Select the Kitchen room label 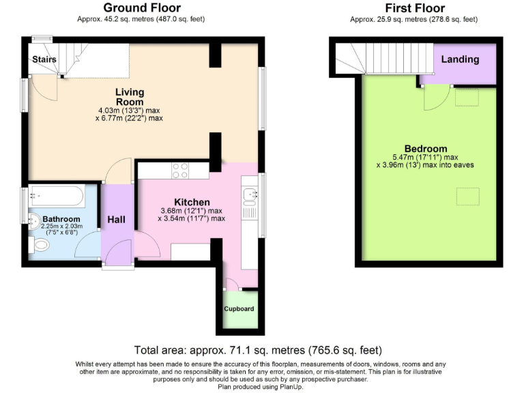click(x=192, y=202)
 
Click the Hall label click(x=116, y=220)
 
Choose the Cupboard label click(x=239, y=309)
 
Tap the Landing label click(x=460, y=59)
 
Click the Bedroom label click(x=425, y=149)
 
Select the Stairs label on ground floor click(x=44, y=60)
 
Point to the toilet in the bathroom click(x=38, y=245)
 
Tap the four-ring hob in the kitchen click(x=181, y=170)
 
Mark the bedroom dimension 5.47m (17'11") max click(x=426, y=158)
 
